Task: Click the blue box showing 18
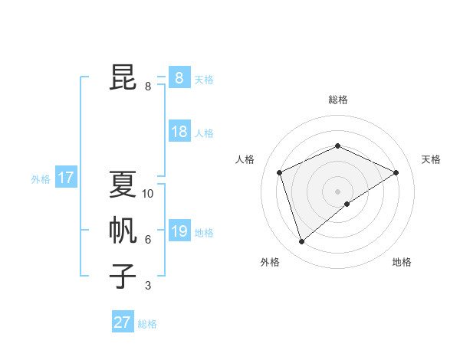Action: (179, 132)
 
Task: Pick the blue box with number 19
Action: (179, 231)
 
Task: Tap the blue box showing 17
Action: (66, 178)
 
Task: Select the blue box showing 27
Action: (123, 322)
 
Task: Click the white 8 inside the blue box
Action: (179, 77)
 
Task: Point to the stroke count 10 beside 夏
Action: (148, 194)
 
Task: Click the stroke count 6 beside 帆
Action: (148, 240)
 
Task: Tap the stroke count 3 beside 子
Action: (148, 286)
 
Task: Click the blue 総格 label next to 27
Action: (147, 324)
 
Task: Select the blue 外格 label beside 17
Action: (41, 180)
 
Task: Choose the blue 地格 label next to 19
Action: (204, 233)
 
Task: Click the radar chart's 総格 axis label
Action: (337, 100)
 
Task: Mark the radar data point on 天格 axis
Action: (396, 172)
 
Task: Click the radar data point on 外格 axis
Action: (301, 242)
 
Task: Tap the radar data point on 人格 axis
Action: (280, 172)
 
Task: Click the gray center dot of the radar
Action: (337, 191)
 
